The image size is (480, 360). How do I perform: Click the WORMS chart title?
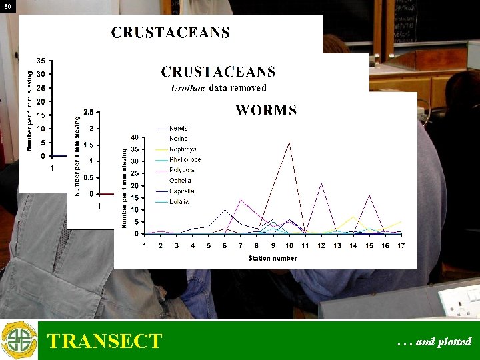tap(266, 111)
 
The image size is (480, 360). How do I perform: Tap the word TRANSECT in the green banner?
tap(104, 341)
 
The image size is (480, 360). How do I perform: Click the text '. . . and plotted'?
tap(433, 342)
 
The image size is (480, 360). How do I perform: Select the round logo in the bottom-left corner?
tap(19, 340)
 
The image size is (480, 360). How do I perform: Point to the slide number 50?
tap(7, 6)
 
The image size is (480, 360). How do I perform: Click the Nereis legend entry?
tap(178, 128)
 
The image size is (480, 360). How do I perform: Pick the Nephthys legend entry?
tap(182, 149)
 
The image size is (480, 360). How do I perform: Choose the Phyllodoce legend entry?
tap(185, 159)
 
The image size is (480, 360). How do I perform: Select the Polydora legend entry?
tap(181, 170)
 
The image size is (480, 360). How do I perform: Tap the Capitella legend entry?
tap(181, 191)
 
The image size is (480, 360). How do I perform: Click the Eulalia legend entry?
tap(179, 201)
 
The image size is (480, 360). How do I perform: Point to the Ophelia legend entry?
tap(180, 181)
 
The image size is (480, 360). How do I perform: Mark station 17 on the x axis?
tap(401, 245)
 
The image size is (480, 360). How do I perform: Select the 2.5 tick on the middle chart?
tap(88, 112)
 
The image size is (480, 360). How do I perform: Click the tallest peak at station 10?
tap(289, 142)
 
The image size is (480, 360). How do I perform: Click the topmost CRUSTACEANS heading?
tap(170, 33)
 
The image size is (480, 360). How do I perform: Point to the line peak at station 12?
tap(321, 183)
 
